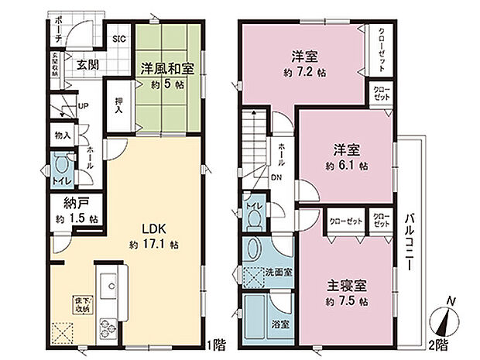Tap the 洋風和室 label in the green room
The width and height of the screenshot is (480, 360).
tap(166, 68)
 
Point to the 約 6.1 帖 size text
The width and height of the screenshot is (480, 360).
tap(346, 165)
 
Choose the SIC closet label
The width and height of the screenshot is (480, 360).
tap(121, 38)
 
